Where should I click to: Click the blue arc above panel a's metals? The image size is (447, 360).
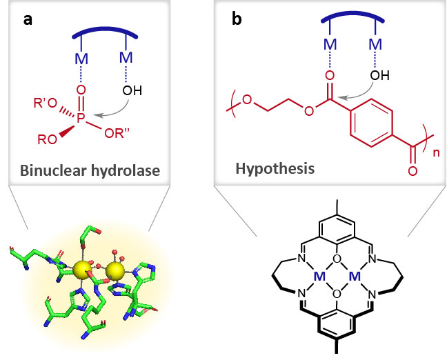click(103, 34)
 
